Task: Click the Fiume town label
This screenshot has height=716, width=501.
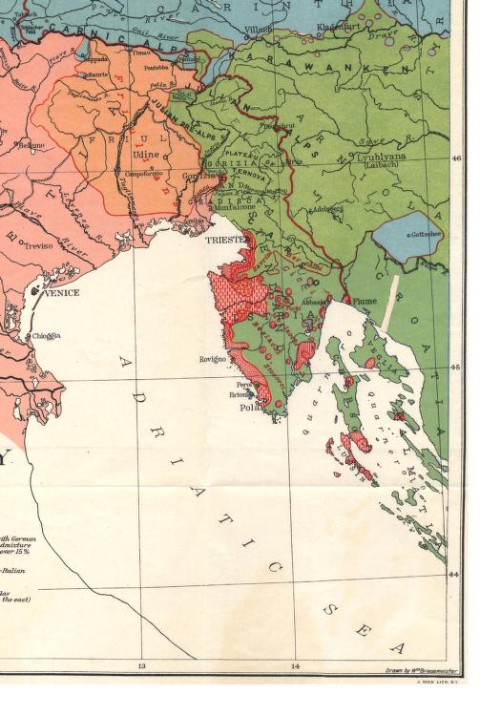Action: (365, 301)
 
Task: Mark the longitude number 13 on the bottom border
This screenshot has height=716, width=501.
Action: (141, 665)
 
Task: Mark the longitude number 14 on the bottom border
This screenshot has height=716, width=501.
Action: (295, 665)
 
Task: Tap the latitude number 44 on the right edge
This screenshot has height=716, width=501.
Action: (454, 575)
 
